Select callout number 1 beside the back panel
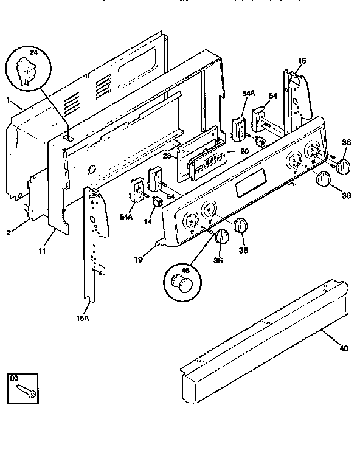click(x=8, y=100)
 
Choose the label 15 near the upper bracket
click(x=302, y=61)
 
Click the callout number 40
click(x=345, y=348)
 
